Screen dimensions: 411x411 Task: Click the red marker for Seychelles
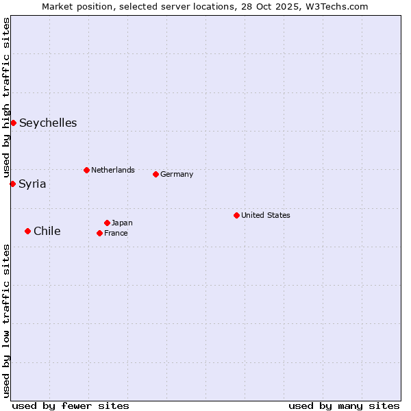tap(13, 123)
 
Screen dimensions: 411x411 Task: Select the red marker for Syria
tap(12, 184)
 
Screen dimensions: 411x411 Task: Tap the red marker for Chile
tap(27, 231)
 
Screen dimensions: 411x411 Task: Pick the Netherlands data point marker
tap(86, 170)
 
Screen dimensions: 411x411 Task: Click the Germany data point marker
tap(155, 174)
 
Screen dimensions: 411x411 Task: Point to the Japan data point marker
tap(107, 223)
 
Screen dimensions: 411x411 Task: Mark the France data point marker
tap(99, 233)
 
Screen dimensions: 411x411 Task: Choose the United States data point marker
tap(236, 215)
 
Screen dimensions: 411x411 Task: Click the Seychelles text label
tap(48, 123)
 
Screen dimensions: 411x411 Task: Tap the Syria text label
tap(32, 184)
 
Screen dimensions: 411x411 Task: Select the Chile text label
tap(47, 232)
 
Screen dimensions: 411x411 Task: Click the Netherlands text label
tap(113, 170)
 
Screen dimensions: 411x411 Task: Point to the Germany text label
tap(177, 174)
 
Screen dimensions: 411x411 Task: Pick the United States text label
tap(266, 215)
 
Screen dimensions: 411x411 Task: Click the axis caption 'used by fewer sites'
tap(71, 406)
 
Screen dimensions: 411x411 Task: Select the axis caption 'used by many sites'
tap(344, 406)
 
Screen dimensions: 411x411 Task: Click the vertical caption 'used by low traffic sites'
tap(6, 321)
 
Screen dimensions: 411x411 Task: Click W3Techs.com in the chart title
tap(337, 6)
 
